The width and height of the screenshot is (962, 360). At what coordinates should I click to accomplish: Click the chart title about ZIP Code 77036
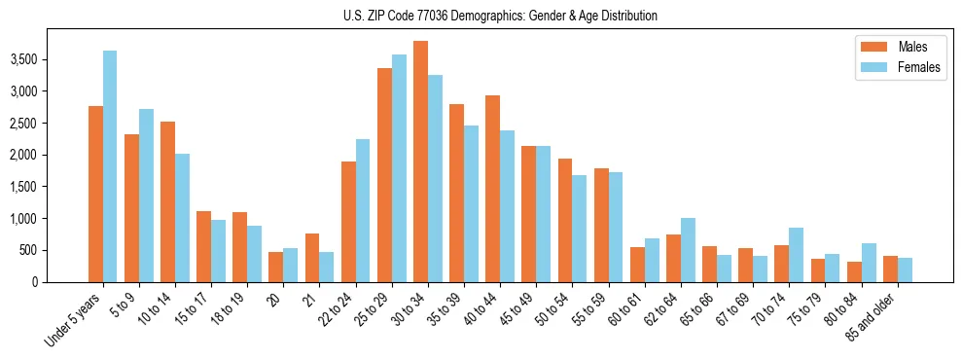point(500,16)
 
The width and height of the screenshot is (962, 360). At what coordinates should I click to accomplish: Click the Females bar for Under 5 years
point(110,166)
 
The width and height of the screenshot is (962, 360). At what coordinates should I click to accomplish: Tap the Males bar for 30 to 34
point(420,162)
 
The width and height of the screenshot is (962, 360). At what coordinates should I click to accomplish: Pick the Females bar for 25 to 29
point(399,168)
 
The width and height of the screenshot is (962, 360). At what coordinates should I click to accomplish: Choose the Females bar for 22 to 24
point(363,210)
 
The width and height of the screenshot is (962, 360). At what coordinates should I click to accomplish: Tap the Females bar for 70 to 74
point(797,255)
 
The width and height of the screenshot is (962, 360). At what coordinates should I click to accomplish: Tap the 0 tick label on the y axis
point(60,282)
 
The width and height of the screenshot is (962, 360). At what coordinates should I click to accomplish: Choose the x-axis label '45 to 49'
point(520,311)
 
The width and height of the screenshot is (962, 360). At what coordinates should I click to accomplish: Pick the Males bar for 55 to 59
point(601,226)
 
